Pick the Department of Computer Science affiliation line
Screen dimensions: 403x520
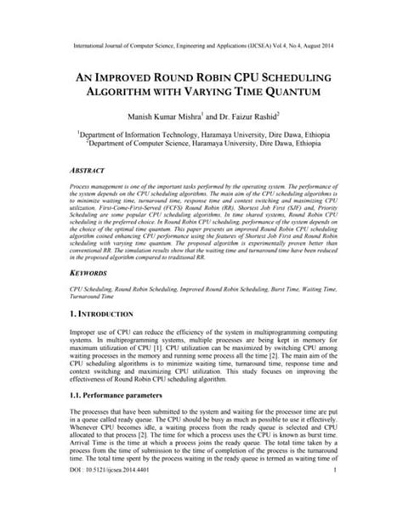[x=201, y=144]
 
